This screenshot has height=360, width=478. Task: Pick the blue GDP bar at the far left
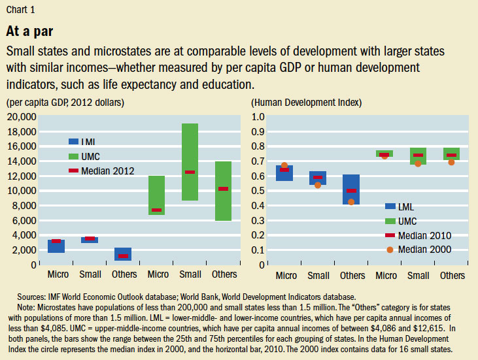[x=56, y=246]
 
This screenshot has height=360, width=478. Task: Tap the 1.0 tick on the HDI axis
[x=259, y=116]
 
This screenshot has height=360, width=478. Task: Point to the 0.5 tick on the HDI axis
[x=259, y=190]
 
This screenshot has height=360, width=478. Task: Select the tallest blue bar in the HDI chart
[x=351, y=189]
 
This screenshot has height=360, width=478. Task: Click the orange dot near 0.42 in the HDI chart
[x=351, y=202]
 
